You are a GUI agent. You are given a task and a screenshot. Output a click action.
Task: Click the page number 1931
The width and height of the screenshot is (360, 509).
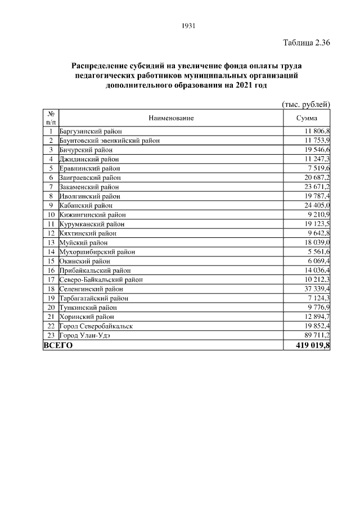pyautogui.click(x=188, y=26)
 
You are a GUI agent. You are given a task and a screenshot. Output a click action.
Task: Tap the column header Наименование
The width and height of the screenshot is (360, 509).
pyautogui.click(x=171, y=118)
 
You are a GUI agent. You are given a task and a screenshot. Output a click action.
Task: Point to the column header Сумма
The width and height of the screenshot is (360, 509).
pyautogui.click(x=307, y=118)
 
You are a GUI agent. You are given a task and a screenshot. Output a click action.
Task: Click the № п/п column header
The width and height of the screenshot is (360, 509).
pyautogui.click(x=51, y=118)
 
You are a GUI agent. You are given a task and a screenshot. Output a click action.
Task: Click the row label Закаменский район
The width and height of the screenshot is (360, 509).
pyautogui.click(x=89, y=187)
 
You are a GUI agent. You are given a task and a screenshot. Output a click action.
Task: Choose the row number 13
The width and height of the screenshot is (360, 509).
pyautogui.click(x=51, y=242)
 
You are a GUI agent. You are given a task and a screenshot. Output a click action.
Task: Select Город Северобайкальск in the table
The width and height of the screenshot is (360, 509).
pyautogui.click(x=96, y=326)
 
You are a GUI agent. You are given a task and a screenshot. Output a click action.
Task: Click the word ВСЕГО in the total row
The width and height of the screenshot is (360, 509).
pyautogui.click(x=58, y=345)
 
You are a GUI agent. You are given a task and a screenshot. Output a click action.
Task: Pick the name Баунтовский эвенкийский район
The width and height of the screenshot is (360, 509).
pyautogui.click(x=109, y=141)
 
